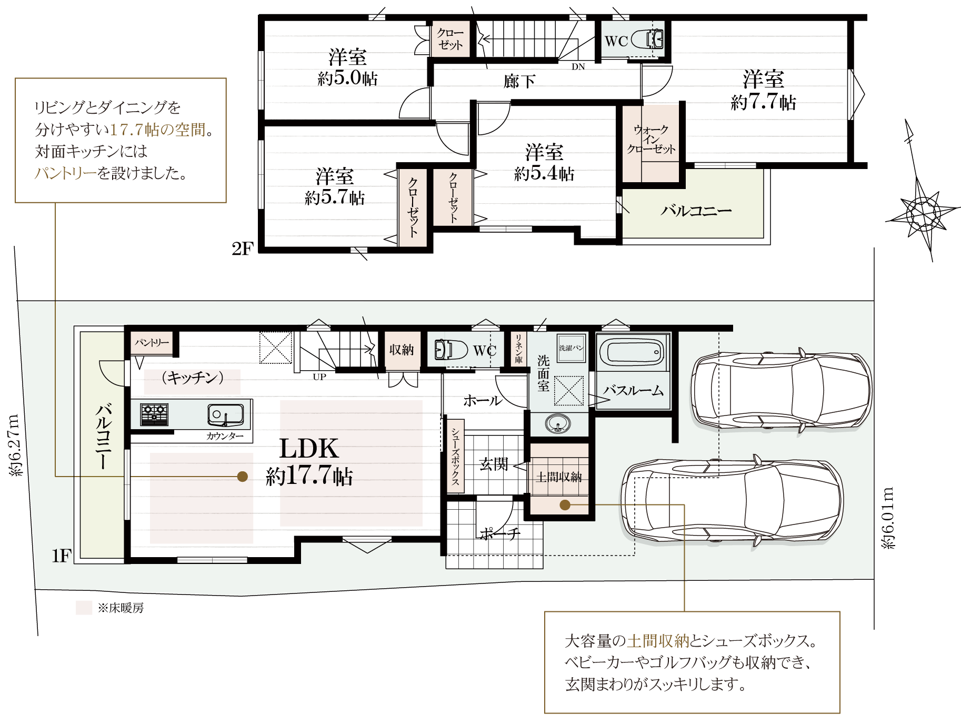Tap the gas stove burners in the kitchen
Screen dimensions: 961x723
tap(154, 414)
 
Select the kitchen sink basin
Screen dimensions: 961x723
tap(225, 415)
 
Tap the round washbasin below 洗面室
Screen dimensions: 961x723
tap(557, 423)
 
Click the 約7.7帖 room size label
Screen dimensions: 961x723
tap(763, 102)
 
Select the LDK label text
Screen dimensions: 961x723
tap(309, 449)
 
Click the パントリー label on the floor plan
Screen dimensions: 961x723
tap(152, 343)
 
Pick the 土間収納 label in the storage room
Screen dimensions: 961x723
tap(559, 477)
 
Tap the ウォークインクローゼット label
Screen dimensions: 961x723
tap(651, 140)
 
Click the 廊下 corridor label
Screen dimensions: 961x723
tap(519, 81)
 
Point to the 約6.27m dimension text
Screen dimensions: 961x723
tap(16, 445)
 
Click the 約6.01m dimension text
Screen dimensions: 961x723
tap(888, 518)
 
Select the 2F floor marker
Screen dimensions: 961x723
tap(243, 249)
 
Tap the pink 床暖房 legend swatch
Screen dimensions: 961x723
tap(84, 608)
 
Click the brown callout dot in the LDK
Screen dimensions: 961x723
tap(243, 477)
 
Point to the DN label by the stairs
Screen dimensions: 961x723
tap(578, 67)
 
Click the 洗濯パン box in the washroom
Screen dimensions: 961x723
tap(571, 348)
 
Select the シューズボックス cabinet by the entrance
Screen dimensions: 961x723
tap(455, 456)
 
